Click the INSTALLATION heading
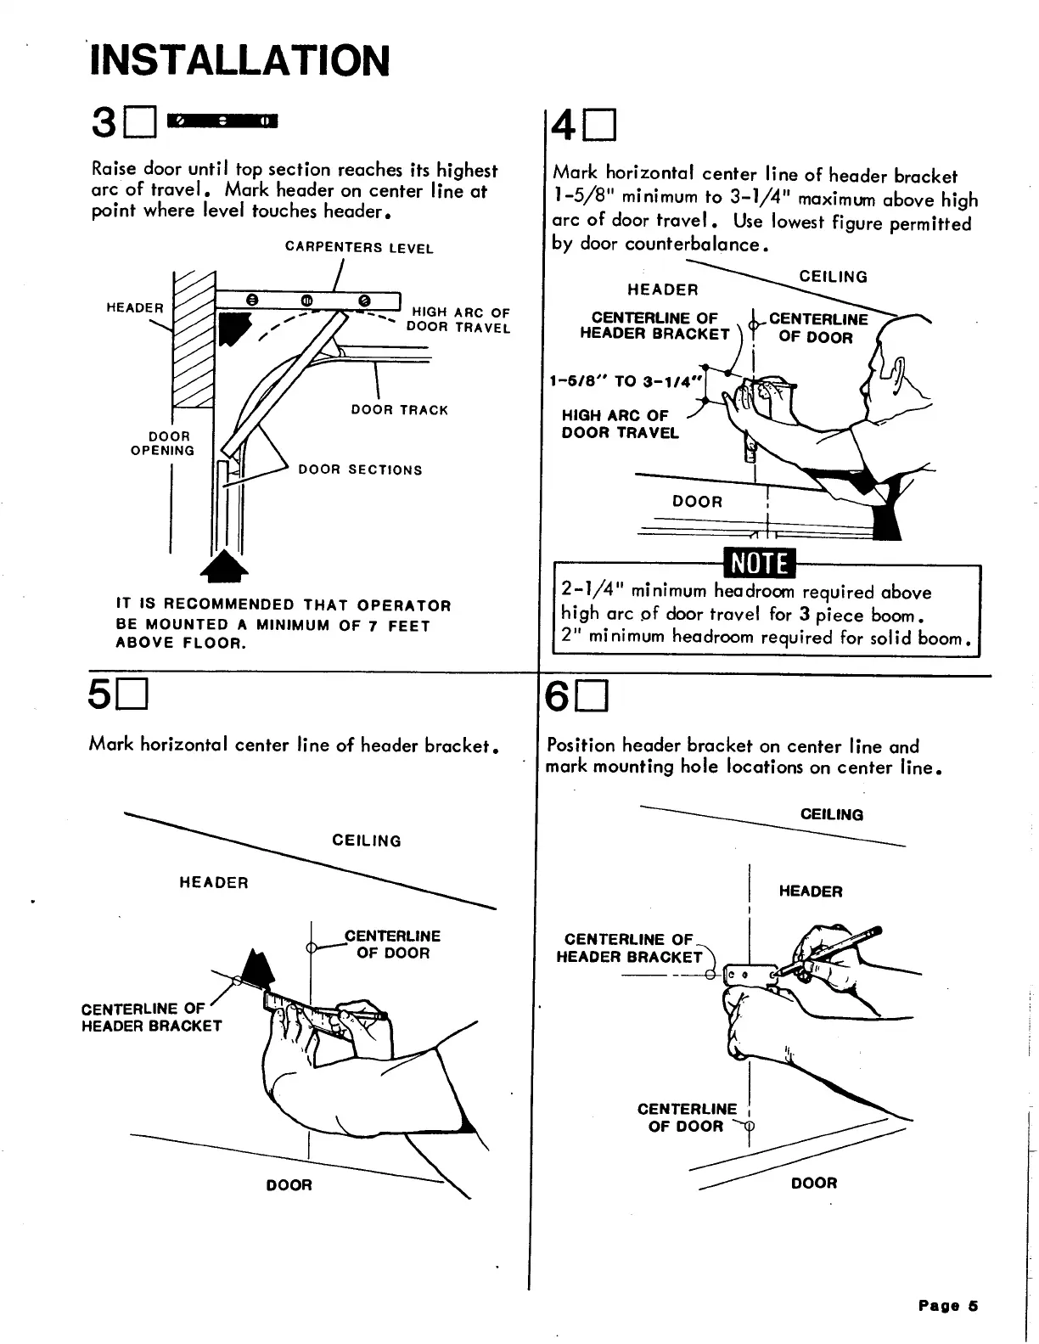tap(240, 60)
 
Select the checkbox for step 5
tap(133, 699)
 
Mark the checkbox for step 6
tap(592, 700)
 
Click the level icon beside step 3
tap(223, 121)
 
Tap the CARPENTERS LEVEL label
tap(359, 248)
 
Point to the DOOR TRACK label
tap(399, 410)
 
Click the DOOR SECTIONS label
tap(360, 470)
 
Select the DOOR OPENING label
tap(163, 443)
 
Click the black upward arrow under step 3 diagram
tap(223, 565)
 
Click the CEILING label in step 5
tap(367, 841)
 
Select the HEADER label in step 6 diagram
tap(811, 891)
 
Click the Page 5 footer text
tap(948, 1306)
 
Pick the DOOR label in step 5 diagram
tap(289, 1185)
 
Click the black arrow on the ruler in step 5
tap(257, 967)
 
